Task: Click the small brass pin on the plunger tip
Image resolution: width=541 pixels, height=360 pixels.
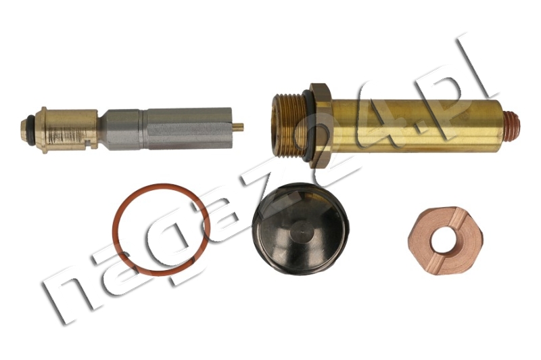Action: tap(239, 127)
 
